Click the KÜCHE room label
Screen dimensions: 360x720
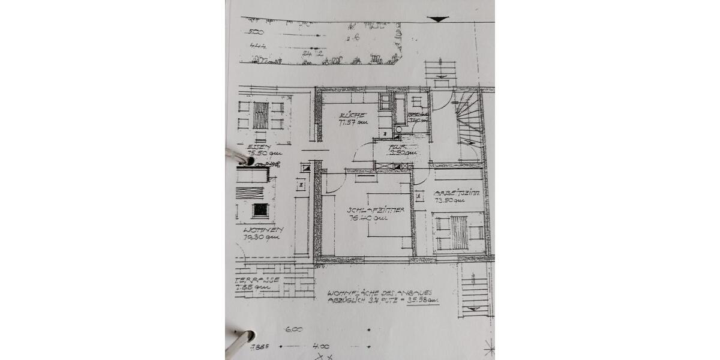pyautogui.click(x=349, y=115)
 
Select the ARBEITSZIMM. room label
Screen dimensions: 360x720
pyautogui.click(x=457, y=193)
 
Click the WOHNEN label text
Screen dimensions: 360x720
pyautogui.click(x=263, y=230)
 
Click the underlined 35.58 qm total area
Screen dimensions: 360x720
pyautogui.click(x=422, y=303)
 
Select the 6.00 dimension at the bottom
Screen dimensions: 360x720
pyautogui.click(x=295, y=329)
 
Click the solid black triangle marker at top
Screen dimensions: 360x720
pyautogui.click(x=439, y=19)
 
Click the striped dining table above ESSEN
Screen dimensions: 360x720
pyautogui.click(x=260, y=115)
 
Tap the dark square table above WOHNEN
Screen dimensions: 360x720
pyautogui.click(x=260, y=209)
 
